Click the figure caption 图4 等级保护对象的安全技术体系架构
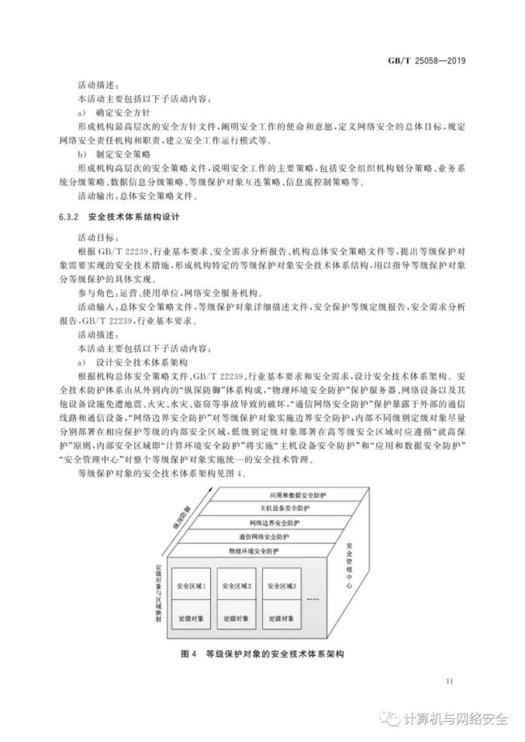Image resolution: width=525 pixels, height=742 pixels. click(261, 654)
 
